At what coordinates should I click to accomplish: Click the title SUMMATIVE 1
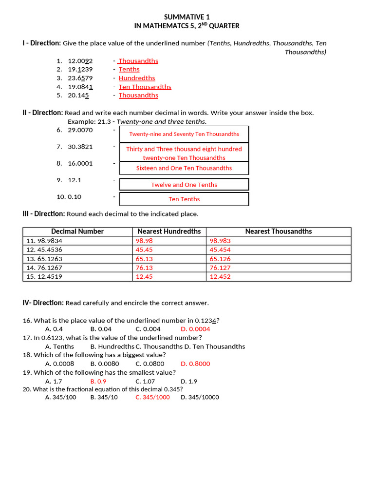click(187, 17)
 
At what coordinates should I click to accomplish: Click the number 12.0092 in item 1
click(80, 61)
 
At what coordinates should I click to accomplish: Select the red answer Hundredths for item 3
click(137, 78)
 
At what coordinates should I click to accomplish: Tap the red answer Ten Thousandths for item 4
click(145, 87)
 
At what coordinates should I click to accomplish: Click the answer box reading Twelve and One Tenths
click(184, 185)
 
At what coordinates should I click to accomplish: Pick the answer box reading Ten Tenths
click(184, 199)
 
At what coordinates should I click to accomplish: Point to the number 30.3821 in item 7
click(80, 147)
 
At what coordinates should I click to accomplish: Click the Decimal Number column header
click(77, 231)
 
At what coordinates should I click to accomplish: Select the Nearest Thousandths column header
click(279, 231)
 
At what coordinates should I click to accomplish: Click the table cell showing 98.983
click(220, 241)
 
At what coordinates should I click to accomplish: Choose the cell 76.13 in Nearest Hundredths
click(144, 268)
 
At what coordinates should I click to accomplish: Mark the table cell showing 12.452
click(220, 276)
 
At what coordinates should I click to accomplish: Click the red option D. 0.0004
click(195, 329)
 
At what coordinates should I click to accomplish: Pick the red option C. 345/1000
click(152, 397)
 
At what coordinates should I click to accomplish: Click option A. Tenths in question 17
click(59, 346)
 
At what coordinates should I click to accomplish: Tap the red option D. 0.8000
click(195, 364)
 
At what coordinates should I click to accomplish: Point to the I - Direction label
click(41, 43)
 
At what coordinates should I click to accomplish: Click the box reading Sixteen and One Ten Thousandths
click(184, 168)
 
